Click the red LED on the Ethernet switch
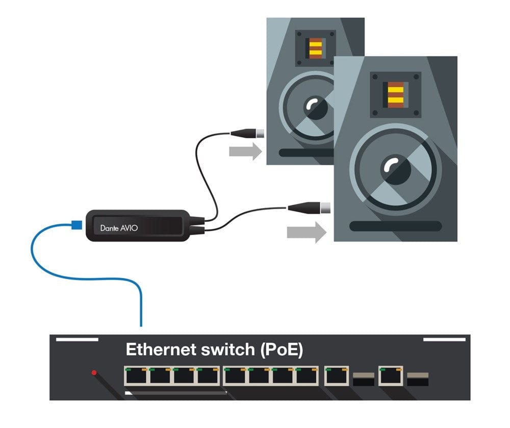(94, 373)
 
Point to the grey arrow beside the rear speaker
(245, 151)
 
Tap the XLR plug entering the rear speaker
(247, 134)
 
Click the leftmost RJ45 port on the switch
(135, 376)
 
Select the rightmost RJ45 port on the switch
(390, 376)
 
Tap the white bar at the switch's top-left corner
(76, 339)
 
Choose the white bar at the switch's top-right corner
(445, 339)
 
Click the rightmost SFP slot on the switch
(417, 379)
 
